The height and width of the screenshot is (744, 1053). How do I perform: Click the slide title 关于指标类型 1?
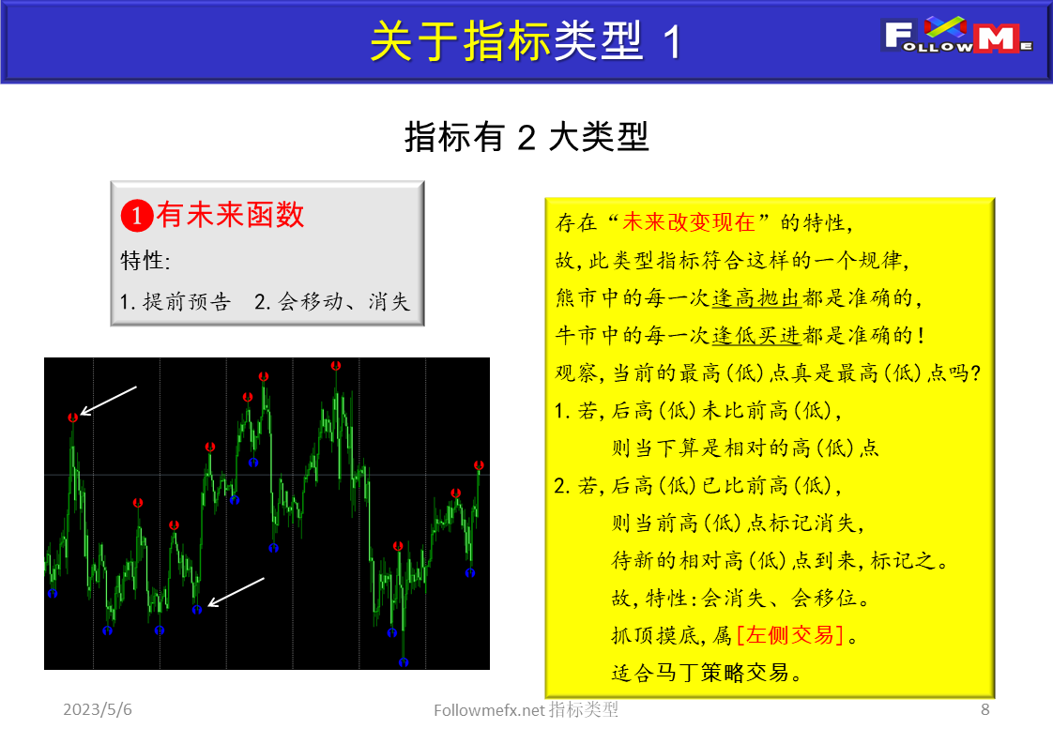tap(526, 41)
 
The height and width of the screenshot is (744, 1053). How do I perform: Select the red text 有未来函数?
tap(230, 215)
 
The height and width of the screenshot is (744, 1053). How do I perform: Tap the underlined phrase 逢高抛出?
tap(756, 298)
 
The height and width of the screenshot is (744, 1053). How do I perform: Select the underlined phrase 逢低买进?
tap(756, 336)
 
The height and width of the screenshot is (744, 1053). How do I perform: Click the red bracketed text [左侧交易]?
tap(790, 635)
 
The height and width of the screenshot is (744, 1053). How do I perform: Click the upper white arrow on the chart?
tap(109, 400)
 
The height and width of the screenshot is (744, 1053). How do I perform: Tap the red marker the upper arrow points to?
tap(73, 417)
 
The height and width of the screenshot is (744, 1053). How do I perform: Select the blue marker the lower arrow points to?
tap(197, 610)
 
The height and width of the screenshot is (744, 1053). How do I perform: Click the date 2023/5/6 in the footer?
tap(98, 710)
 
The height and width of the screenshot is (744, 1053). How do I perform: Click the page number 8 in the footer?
tap(984, 710)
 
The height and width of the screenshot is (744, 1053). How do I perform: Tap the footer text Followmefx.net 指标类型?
tap(526, 710)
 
